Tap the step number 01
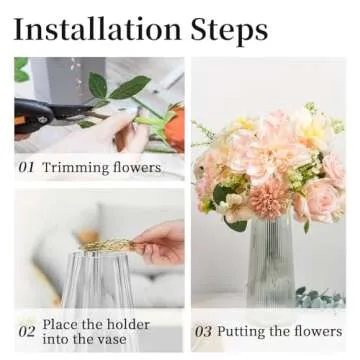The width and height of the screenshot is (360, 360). click(x=27, y=167)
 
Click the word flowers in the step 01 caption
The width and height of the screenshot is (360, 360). click(x=136, y=167)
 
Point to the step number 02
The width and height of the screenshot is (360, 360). click(x=27, y=331)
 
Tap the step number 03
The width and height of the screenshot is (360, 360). click(x=202, y=331)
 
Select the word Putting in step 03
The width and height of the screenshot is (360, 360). click(x=245, y=332)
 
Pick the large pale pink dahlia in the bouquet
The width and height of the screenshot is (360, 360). click(x=255, y=150)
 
